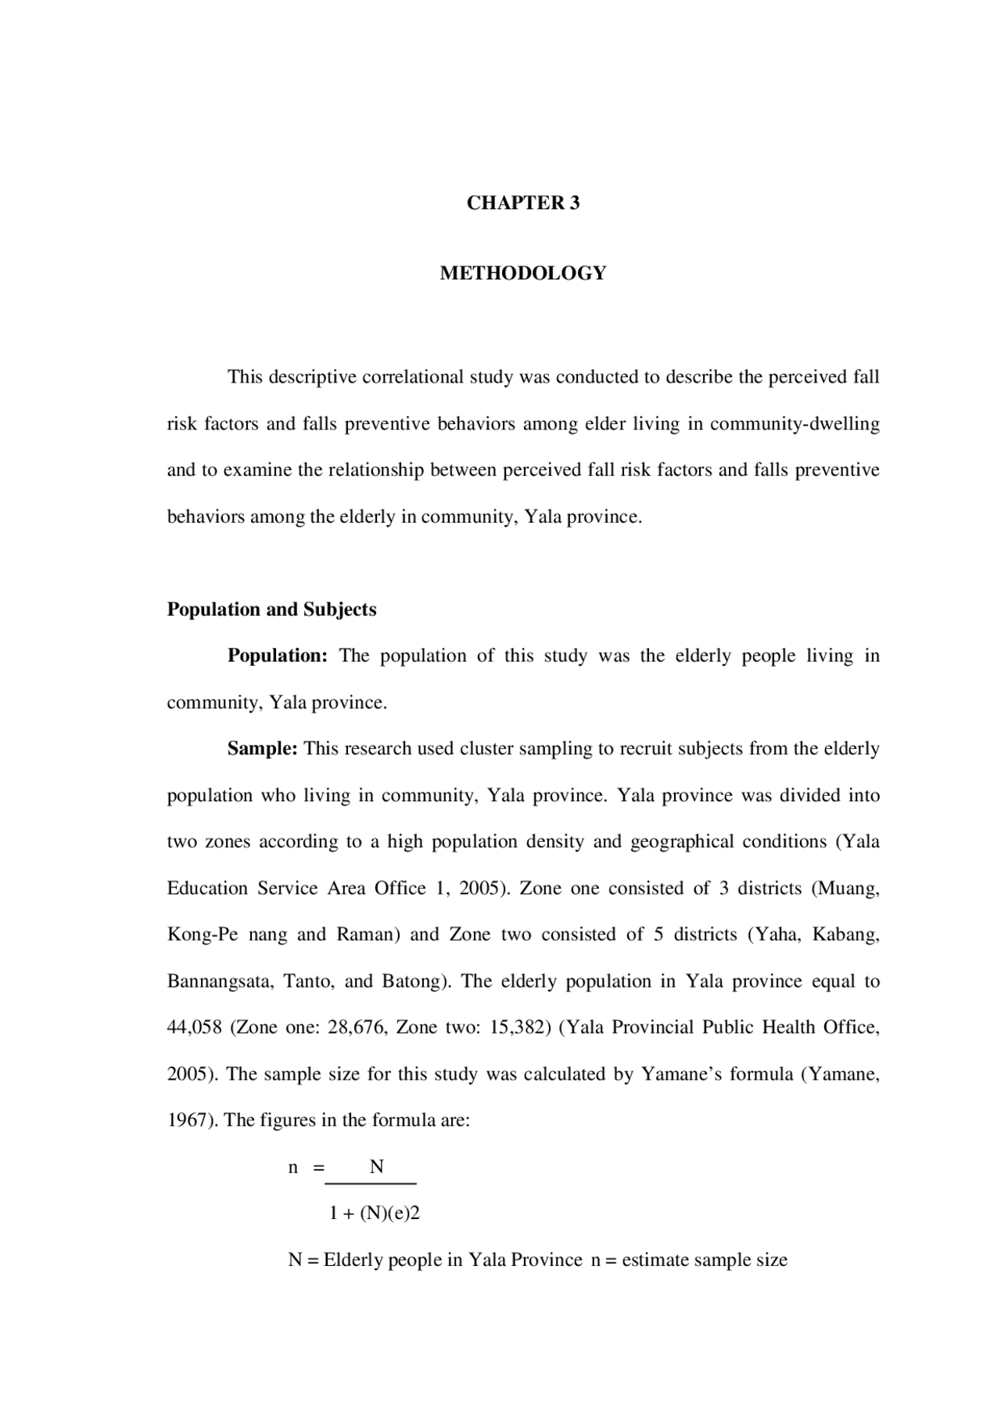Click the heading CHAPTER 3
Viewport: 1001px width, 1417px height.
522,203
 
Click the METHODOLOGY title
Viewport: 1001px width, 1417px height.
522,273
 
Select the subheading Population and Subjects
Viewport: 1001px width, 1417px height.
271,610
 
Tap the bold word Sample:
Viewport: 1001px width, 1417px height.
262,749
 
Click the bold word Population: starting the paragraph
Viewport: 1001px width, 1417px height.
277,656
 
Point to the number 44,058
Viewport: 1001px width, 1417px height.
194,1027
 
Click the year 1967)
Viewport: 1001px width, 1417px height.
192,1120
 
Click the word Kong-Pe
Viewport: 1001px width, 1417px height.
202,934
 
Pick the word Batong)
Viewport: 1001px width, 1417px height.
417,981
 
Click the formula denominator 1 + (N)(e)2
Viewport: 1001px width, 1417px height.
375,1214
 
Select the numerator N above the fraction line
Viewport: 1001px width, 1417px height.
376,1167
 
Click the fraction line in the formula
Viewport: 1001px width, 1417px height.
370,1184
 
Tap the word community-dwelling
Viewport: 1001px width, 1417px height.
795,424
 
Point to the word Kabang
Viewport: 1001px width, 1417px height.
845,934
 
